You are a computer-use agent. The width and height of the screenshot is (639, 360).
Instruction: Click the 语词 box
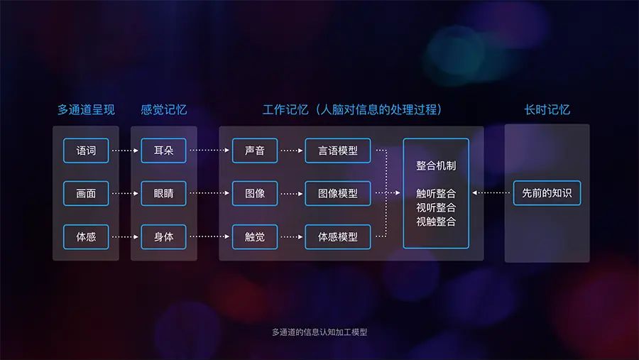click(x=86, y=151)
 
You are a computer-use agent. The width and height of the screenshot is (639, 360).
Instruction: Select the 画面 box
click(x=86, y=193)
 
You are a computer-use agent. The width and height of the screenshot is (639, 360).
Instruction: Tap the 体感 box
click(x=86, y=236)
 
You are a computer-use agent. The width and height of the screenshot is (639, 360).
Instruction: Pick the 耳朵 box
click(x=163, y=151)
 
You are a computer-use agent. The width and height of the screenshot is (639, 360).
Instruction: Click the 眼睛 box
click(x=163, y=193)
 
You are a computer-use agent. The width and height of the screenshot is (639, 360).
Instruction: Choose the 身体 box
click(x=163, y=236)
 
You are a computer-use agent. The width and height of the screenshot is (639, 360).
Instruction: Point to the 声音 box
click(x=255, y=151)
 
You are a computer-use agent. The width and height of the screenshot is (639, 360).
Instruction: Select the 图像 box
click(x=255, y=193)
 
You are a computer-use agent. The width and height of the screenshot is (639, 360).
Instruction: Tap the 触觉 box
click(x=255, y=236)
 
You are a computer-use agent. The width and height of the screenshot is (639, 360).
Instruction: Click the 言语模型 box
click(x=338, y=151)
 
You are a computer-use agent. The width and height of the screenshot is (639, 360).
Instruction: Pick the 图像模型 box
click(x=338, y=193)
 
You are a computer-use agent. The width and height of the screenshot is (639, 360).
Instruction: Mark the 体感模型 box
click(x=338, y=236)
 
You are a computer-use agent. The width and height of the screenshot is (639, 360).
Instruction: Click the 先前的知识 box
click(x=547, y=193)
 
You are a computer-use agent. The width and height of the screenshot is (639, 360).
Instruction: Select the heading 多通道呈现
click(x=86, y=110)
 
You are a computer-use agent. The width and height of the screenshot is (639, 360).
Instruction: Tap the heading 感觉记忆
click(x=164, y=110)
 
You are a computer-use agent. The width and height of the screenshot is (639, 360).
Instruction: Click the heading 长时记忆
click(x=547, y=110)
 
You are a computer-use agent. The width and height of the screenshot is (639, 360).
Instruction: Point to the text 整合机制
click(x=436, y=165)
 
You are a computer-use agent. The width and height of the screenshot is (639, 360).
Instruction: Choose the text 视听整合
click(x=436, y=207)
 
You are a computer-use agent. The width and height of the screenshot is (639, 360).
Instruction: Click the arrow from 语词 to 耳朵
click(x=125, y=151)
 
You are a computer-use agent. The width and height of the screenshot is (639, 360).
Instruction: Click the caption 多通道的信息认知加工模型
click(x=319, y=332)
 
